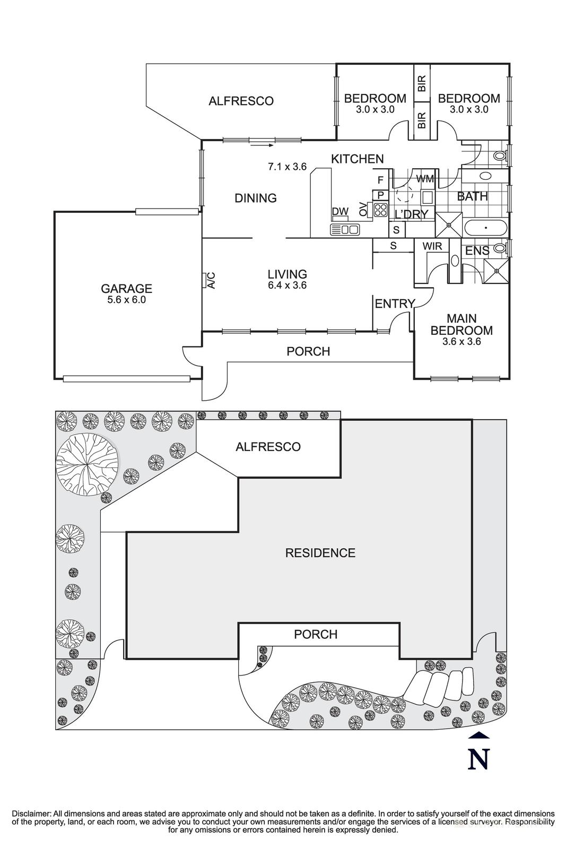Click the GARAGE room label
click(x=126, y=289)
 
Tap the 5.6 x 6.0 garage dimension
click(x=126, y=300)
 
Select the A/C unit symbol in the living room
click(x=204, y=280)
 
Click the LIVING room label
click(x=287, y=274)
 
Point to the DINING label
click(x=256, y=198)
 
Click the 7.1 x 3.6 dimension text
click(x=287, y=167)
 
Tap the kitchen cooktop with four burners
click(x=380, y=210)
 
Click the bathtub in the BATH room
click(x=485, y=228)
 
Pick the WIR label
click(x=432, y=246)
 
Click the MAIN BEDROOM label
click(x=461, y=324)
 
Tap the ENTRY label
click(x=394, y=304)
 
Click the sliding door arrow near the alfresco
click(x=263, y=144)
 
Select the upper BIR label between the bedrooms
click(x=422, y=84)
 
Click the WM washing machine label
click(x=425, y=179)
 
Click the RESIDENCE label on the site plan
click(x=320, y=553)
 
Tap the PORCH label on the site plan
click(x=316, y=634)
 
